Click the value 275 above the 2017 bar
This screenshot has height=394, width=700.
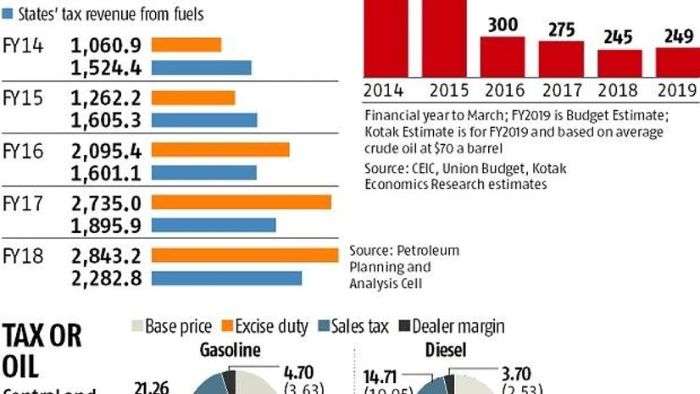[561, 30]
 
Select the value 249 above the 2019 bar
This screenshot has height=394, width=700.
[678, 37]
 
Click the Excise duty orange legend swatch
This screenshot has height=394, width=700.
[226, 326]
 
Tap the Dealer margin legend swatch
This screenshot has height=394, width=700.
[404, 326]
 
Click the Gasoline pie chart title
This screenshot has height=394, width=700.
[229, 350]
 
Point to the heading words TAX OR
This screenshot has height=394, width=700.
[42, 336]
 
